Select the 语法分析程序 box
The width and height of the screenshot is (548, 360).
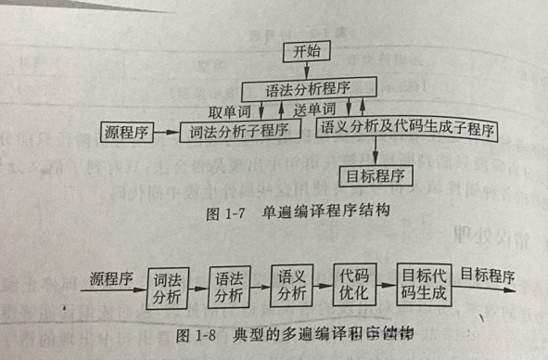309,90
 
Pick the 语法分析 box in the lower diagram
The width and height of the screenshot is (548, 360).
229,286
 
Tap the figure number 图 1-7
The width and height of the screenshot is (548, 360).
221,211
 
